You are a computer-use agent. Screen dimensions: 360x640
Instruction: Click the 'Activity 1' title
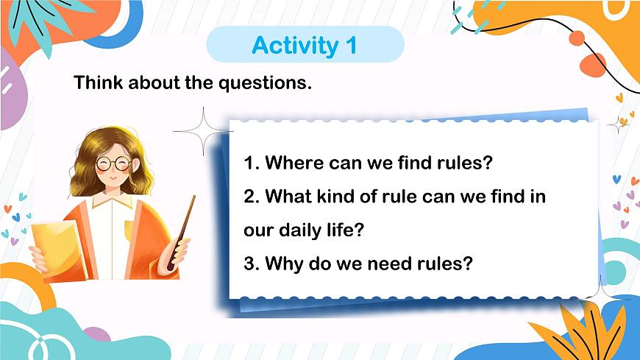(305, 45)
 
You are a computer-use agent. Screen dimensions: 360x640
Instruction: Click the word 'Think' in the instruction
(99, 82)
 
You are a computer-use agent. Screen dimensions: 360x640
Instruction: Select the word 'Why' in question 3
(281, 263)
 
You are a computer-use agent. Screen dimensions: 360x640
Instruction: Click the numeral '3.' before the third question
(251, 263)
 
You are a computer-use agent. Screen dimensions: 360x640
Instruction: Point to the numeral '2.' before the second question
(251, 197)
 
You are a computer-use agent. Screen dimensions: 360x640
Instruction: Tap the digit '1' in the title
(350, 45)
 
